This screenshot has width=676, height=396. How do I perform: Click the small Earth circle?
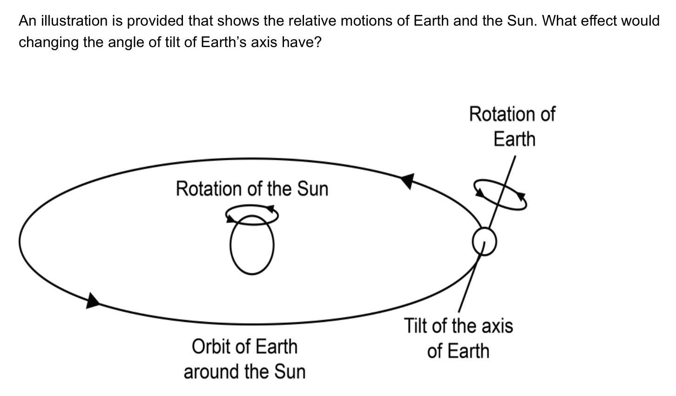tap(473, 242)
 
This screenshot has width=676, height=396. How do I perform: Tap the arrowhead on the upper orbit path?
tap(407, 181)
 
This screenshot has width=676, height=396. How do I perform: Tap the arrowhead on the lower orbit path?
tap(92, 301)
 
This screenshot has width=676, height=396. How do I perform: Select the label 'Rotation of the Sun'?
tap(252, 189)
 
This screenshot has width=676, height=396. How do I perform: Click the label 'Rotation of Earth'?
tap(513, 126)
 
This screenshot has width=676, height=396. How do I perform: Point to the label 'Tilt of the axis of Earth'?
tap(459, 338)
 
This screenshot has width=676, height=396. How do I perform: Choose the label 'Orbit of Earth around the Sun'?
tap(245, 359)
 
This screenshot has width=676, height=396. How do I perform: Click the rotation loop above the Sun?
tap(252, 225)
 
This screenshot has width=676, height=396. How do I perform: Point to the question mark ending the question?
tap(318, 42)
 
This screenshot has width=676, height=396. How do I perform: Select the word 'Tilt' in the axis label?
tap(416, 326)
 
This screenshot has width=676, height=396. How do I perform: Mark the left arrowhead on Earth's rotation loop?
tap(479, 192)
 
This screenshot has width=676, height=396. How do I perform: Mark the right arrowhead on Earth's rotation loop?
tap(521, 197)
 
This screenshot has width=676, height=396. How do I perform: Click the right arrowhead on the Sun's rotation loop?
tap(270, 208)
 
